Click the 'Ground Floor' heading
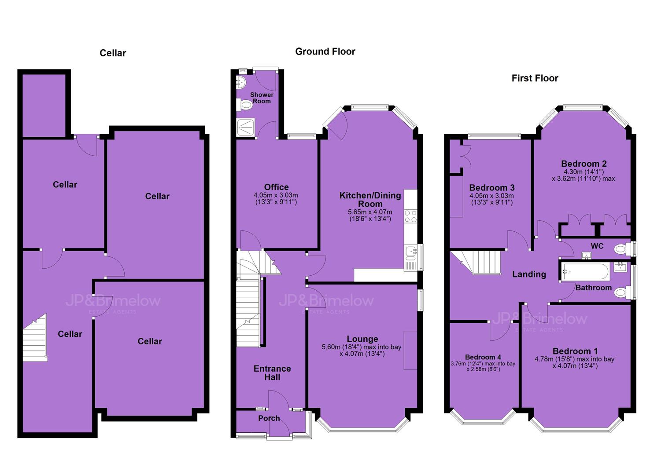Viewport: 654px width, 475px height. pos(325,51)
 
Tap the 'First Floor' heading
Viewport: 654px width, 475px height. pos(535,78)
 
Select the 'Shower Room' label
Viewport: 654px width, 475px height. pos(262,98)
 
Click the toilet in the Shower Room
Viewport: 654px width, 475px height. pos(244,105)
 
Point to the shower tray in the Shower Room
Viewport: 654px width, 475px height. pos(246,127)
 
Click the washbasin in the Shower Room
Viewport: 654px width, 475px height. pos(241,82)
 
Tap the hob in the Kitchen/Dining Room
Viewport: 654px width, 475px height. pos(410,216)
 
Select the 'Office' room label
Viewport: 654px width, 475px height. pos(276,187)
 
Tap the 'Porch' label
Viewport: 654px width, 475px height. pos(269,418)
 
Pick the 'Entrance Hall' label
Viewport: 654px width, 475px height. pos(272,373)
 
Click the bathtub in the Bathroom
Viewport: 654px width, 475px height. pos(586,271)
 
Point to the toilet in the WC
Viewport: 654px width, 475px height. pos(621,249)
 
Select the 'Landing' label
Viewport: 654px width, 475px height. pos(529,274)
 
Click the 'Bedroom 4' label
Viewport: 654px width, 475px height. pos(483,357)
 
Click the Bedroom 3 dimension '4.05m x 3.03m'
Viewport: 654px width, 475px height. pos(491,196)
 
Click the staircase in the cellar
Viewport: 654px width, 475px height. pos(35,338)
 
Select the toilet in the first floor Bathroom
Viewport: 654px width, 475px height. pos(621,292)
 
